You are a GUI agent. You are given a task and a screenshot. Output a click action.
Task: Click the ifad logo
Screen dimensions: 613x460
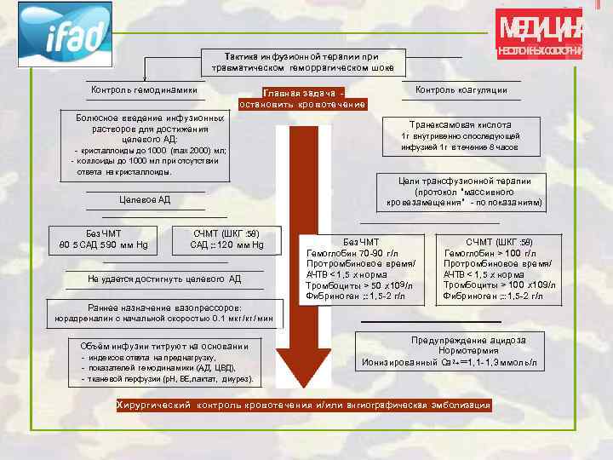pos(66,34)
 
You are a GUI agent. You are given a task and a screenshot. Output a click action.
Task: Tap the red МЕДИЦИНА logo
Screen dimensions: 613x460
pos(541,35)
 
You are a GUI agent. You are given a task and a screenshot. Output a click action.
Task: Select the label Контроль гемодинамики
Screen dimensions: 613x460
pos(144,90)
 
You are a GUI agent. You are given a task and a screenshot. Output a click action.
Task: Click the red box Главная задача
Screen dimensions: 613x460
pos(303,98)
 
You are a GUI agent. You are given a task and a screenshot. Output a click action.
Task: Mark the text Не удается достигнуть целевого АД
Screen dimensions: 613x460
pos(163,279)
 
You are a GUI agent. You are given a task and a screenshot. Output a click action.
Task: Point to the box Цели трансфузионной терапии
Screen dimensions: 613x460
pos(464,193)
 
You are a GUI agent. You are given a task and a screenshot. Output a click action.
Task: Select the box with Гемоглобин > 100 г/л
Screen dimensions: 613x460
pos(497,269)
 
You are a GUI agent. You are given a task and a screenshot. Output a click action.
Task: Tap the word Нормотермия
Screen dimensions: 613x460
pos(468,351)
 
